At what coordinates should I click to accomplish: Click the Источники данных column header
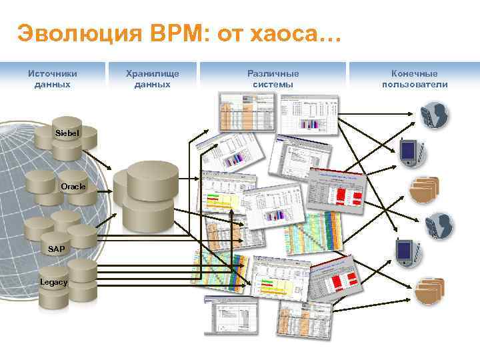52,79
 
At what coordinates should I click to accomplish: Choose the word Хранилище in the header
152,73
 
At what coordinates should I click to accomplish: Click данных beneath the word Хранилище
152,85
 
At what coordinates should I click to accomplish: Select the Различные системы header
273,79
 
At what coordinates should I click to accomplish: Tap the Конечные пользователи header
415,79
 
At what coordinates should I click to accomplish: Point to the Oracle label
73,187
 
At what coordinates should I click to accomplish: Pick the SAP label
57,249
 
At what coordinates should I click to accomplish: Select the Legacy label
53,282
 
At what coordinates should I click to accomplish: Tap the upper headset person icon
435,115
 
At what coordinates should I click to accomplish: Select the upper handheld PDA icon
410,151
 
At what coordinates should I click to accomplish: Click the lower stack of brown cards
429,291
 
